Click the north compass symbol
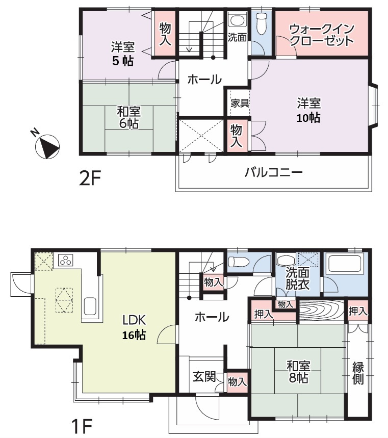click(47, 146)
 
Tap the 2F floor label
click(90, 178)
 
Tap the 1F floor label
click(82, 426)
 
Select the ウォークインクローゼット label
click(322, 35)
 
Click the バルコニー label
click(273, 172)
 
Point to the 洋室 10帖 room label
click(308, 110)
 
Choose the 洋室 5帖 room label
click(123, 54)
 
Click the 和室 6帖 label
click(129, 117)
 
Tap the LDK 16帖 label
click(134, 327)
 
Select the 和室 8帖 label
click(298, 372)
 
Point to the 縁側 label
click(358, 373)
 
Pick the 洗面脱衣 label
click(297, 278)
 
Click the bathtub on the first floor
click(345, 263)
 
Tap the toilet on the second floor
click(261, 23)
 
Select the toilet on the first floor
click(238, 262)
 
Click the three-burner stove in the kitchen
click(66, 261)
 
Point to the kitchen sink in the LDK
click(90, 306)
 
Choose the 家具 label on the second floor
click(240, 104)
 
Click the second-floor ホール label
click(204, 80)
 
